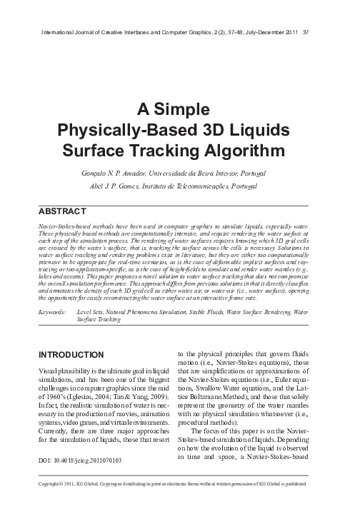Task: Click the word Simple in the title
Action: click(x=185, y=111)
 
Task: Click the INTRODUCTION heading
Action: click(x=73, y=354)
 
